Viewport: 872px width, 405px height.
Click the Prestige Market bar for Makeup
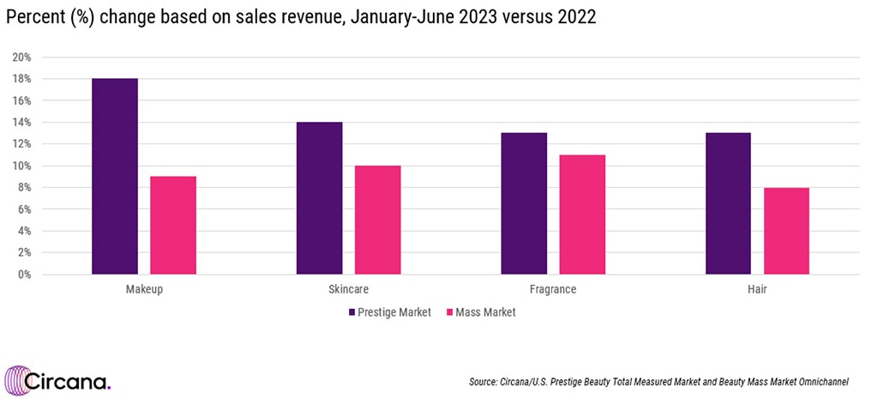coord(115,177)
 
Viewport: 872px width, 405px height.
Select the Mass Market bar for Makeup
coord(173,226)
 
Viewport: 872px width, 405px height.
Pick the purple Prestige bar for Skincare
coord(320,198)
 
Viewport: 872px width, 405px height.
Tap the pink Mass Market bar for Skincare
coord(378,221)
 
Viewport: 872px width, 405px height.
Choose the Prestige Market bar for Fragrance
coord(524,204)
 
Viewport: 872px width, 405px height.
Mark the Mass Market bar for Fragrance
coord(582,215)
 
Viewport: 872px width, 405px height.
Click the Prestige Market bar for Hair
coord(728,204)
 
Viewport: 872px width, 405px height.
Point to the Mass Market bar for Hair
coord(786,231)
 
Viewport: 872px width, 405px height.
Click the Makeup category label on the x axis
coord(144,289)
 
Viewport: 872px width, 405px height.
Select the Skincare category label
coord(349,289)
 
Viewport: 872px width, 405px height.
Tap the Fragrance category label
coord(553,289)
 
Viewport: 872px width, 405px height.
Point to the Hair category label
coord(757,289)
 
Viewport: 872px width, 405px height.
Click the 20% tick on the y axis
coord(21,57)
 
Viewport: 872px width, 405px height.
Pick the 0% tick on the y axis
coord(24,275)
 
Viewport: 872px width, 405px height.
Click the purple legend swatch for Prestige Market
coord(352,312)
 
